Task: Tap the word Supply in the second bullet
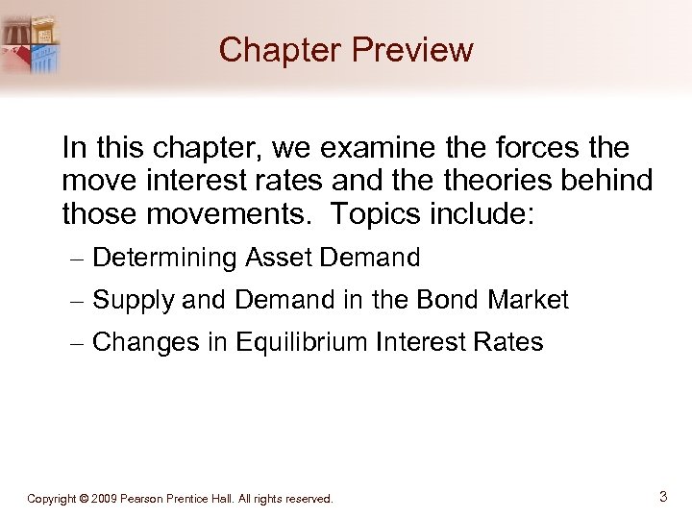coord(133,301)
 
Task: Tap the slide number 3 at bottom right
coord(662,497)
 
